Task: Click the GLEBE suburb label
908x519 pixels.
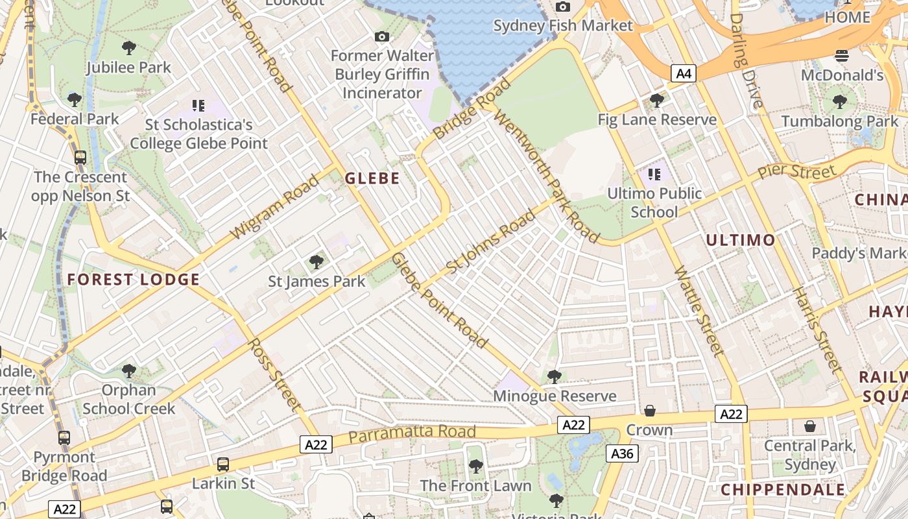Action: point(372,178)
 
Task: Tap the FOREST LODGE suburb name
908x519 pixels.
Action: point(133,280)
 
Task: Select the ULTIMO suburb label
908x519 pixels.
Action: point(740,240)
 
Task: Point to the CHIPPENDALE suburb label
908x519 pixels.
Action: point(783,490)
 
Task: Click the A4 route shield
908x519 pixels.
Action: point(683,73)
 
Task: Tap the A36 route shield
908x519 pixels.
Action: point(622,453)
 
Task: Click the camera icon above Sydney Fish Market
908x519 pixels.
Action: point(562,7)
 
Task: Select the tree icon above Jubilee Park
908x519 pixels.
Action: point(129,48)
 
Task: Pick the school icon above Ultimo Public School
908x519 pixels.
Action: point(654,174)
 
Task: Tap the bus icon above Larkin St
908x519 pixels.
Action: point(223,465)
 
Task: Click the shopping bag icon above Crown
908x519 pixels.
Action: point(649,411)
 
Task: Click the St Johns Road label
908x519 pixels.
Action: point(491,241)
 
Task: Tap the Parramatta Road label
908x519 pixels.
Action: point(412,433)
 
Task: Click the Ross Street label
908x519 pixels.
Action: point(275,374)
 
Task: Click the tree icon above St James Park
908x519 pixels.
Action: point(317,262)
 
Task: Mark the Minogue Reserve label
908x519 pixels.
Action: point(555,396)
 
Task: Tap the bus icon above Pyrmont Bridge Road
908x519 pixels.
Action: point(64,438)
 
